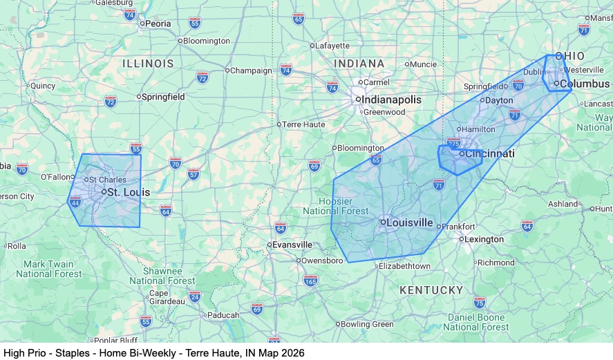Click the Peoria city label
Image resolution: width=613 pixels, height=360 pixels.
(158, 23)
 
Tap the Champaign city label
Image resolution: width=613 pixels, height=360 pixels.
(251, 70)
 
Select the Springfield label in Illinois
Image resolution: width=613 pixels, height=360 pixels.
(163, 97)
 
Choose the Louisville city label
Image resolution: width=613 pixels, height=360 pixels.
(409, 222)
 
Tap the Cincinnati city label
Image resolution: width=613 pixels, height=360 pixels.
(489, 153)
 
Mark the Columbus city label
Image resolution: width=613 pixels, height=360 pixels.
(585, 84)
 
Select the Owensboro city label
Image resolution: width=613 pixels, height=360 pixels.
(321, 260)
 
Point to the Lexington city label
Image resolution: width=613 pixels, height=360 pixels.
(484, 240)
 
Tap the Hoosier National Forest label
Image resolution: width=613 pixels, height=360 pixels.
(337, 206)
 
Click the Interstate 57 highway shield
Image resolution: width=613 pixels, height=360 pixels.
(193, 173)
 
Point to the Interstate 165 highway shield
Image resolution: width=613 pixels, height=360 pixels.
(310, 281)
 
